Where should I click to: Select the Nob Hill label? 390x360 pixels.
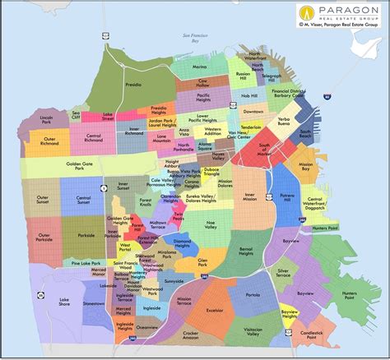click(x=244, y=94)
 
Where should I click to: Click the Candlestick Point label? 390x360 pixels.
click(x=311, y=334)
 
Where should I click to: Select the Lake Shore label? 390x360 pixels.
click(x=64, y=302)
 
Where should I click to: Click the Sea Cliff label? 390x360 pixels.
click(x=76, y=114)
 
